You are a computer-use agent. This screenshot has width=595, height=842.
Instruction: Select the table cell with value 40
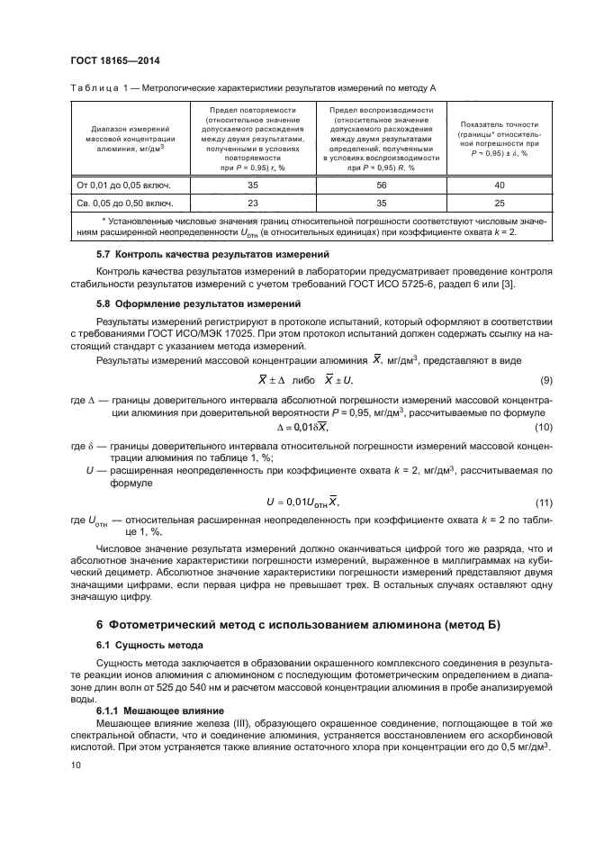tap(499, 184)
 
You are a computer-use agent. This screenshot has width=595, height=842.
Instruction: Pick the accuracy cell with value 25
tap(499, 203)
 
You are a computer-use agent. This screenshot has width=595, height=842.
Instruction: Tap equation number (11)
tap(543, 501)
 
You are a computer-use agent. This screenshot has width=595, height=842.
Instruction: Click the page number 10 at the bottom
tap(76, 765)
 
